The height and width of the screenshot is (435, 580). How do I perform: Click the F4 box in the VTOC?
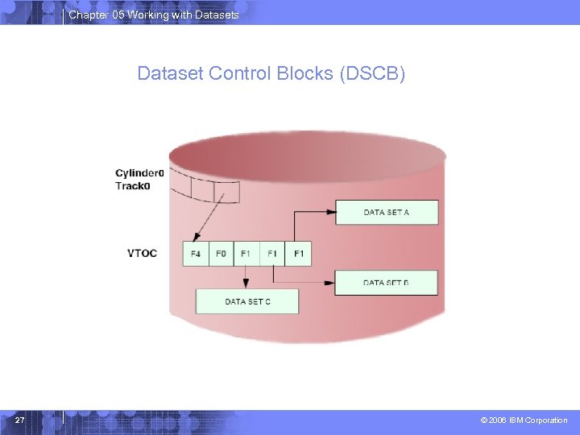[196, 254]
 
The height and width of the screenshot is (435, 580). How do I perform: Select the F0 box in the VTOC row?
[221, 254]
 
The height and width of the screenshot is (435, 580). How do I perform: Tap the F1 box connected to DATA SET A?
[298, 254]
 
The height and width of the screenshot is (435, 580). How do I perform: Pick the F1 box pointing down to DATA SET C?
[246, 254]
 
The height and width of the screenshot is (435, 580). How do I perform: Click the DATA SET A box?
[387, 213]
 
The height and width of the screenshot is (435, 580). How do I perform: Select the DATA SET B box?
[387, 283]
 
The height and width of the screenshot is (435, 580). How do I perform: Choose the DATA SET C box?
[247, 301]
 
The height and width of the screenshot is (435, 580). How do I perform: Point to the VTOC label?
[142, 254]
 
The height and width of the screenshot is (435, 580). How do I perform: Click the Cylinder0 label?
[139, 173]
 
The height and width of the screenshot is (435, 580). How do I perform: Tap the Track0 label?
[132, 186]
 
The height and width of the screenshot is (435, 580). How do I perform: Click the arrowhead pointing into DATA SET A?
[329, 213]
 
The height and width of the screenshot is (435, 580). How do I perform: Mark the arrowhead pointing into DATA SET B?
[329, 283]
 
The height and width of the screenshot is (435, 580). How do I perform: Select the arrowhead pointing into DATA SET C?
[246, 284]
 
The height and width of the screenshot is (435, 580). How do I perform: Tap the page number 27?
[20, 420]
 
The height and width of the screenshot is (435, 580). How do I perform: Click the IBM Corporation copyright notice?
[524, 420]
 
